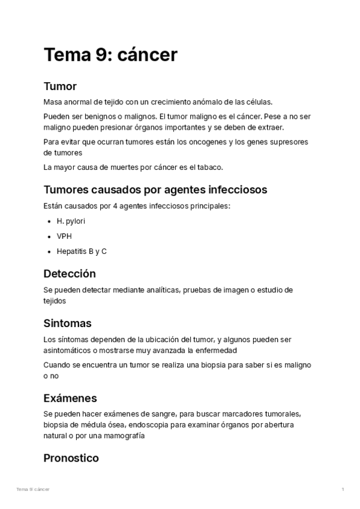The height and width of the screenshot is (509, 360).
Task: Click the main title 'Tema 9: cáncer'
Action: tap(110, 55)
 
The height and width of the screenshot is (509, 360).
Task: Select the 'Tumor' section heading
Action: tap(60, 86)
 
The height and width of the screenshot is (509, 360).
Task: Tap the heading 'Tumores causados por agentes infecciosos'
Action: tap(155, 190)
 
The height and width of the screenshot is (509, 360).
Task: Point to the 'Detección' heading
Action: tap(70, 274)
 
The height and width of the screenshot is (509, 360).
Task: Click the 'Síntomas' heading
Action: tap(67, 324)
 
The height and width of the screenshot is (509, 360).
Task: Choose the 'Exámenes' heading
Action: tap(70, 398)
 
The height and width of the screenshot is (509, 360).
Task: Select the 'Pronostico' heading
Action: tap(71, 458)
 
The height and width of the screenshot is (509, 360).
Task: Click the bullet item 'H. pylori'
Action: tap(71, 221)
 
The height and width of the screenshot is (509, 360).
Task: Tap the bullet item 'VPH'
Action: tap(64, 236)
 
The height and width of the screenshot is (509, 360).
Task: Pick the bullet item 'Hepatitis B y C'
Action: tap(82, 251)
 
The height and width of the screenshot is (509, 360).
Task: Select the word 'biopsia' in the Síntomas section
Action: tap(217, 365)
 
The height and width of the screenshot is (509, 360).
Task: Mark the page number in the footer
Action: tap(343, 490)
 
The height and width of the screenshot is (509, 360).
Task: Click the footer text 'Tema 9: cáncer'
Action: tap(33, 490)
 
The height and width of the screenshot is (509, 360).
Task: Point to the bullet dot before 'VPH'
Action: tap(49, 236)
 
